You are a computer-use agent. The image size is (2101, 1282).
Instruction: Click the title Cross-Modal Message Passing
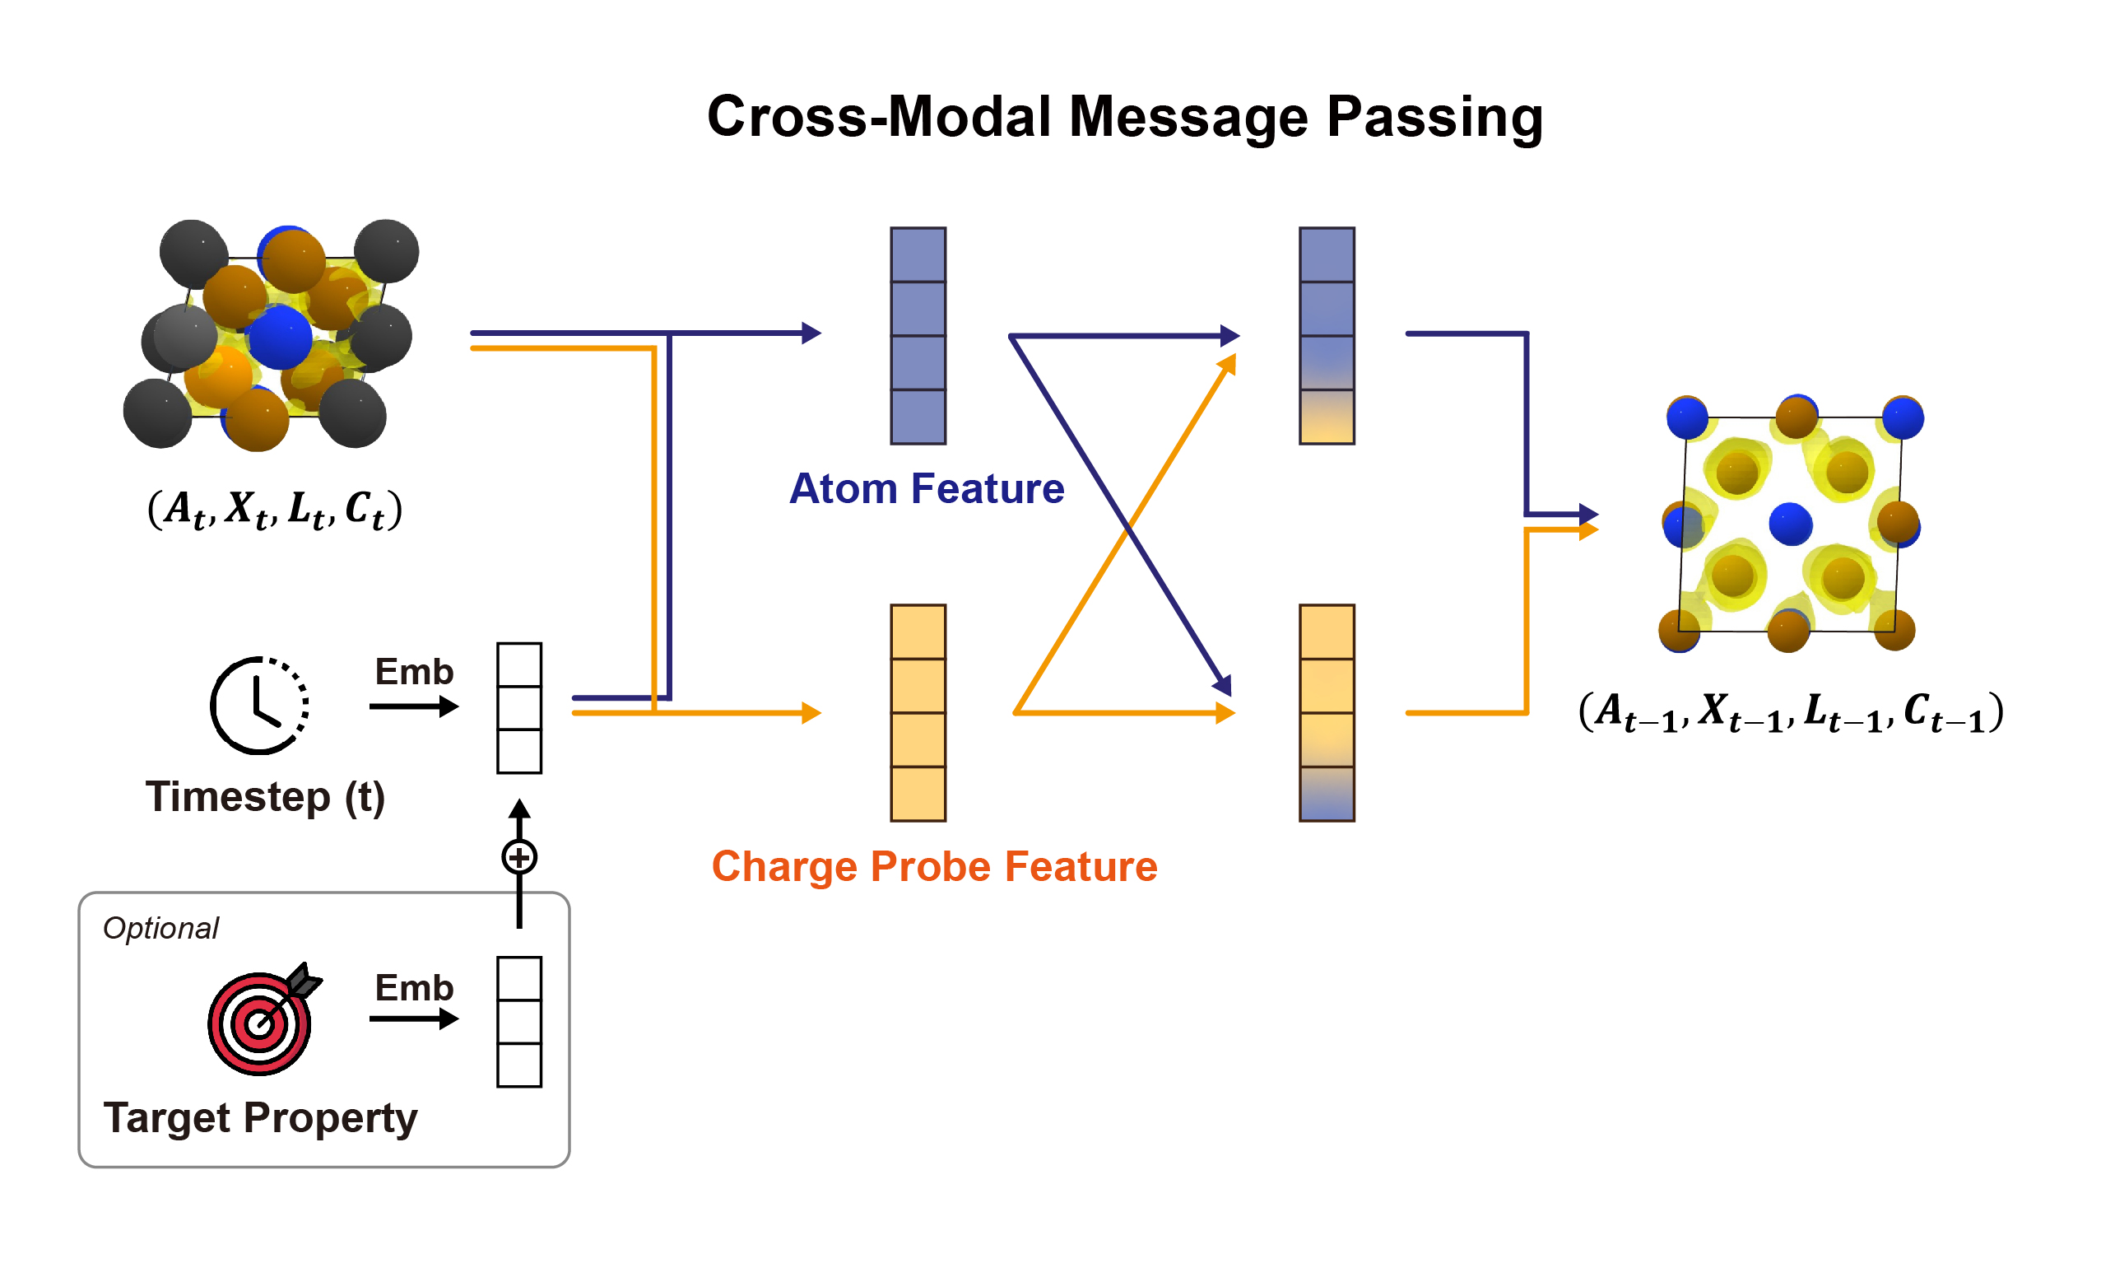pos(1124,117)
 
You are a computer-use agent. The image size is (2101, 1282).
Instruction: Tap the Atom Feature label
pos(926,490)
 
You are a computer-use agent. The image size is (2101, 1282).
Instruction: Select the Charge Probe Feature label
pos(934,867)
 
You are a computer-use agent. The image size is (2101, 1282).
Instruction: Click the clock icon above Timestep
pos(259,706)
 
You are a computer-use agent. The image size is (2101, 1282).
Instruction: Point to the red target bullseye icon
pos(259,1023)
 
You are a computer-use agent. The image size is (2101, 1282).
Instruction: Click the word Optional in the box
pos(160,928)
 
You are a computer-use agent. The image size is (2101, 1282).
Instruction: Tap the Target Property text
pos(260,1117)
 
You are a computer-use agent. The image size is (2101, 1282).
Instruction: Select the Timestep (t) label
pos(265,797)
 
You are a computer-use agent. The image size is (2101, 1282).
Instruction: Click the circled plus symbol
pos(519,857)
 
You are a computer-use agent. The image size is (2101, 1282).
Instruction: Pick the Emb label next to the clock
pos(415,672)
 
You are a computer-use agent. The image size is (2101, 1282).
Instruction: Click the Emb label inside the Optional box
pos(415,988)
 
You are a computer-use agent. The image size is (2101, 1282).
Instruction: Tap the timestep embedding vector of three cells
pos(519,708)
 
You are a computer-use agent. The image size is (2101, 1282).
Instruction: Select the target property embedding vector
pos(519,1022)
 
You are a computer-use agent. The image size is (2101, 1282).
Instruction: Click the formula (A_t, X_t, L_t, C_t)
pos(275,510)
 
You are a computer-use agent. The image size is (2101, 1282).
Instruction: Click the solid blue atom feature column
pos(918,336)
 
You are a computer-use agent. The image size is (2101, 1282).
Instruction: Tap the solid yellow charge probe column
pos(918,713)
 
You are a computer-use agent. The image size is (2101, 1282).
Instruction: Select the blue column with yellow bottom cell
pos(1326,336)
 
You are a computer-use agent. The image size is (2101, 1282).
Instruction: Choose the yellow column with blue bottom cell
pos(1326,713)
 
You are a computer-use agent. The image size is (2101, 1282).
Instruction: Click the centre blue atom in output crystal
pos(1790,524)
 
